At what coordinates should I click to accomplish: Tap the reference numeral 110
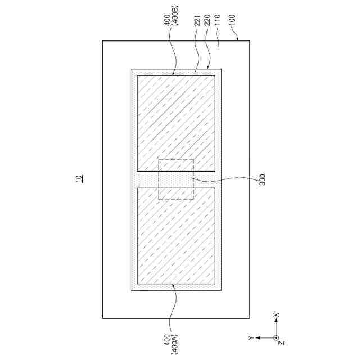click(217, 20)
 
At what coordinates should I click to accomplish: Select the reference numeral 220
click(207, 20)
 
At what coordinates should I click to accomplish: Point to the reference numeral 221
click(197, 20)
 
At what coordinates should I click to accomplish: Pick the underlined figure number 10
click(79, 179)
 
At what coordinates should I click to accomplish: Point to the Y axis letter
click(250, 337)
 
